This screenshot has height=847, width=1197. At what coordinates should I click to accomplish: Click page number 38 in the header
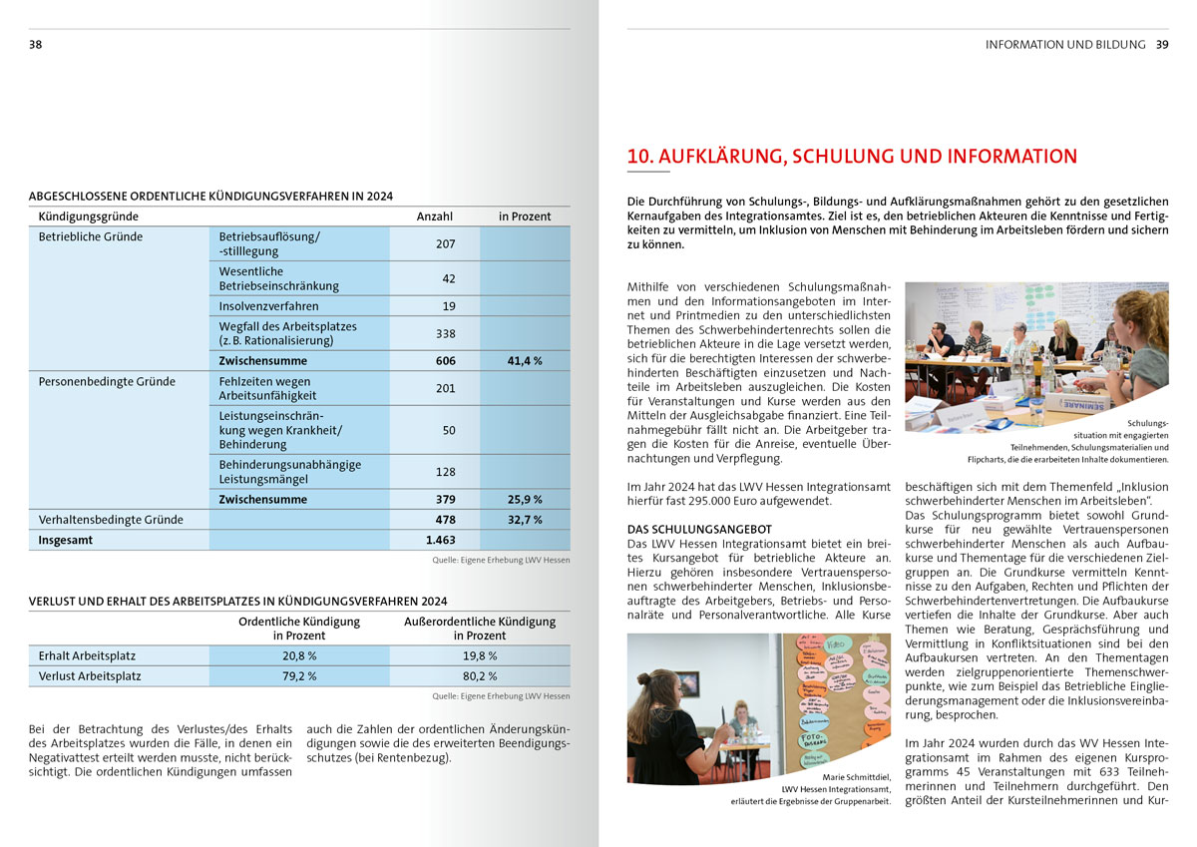(x=35, y=45)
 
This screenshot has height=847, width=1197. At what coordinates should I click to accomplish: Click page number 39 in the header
(x=1162, y=45)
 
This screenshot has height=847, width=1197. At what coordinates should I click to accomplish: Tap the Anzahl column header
(x=435, y=216)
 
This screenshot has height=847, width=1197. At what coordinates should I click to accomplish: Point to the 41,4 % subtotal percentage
(x=524, y=361)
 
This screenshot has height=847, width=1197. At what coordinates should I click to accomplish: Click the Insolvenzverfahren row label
(x=269, y=306)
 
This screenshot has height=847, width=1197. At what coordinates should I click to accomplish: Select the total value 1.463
(x=439, y=540)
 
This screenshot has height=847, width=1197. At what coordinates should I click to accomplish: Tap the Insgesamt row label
(x=65, y=540)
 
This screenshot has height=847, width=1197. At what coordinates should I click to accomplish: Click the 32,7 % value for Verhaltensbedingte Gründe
(x=524, y=520)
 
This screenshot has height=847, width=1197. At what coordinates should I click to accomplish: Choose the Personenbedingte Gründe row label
(x=107, y=381)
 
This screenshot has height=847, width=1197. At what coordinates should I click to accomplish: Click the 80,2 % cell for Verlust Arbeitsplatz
(x=479, y=676)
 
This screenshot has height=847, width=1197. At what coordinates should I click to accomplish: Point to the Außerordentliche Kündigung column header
(x=480, y=629)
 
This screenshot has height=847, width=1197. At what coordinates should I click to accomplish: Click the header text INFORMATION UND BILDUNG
(x=1065, y=45)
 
